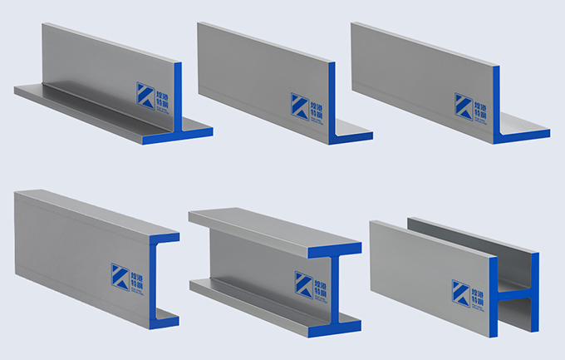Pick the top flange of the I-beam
point(266,229)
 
